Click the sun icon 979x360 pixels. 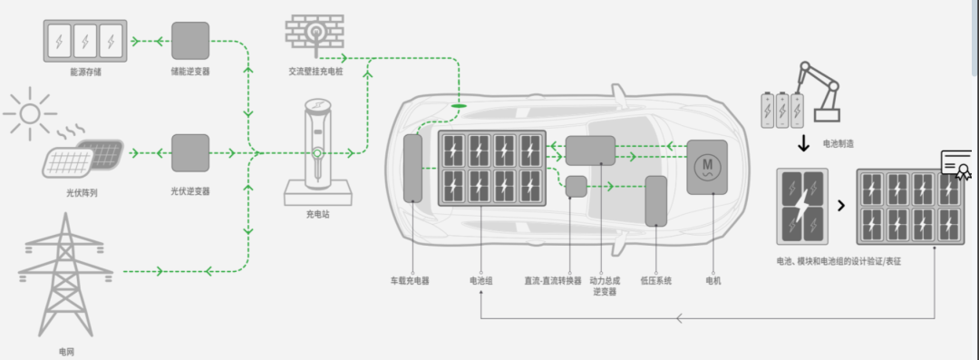coord(30,112)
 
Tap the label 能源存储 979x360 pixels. coord(84,71)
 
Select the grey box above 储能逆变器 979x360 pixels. coord(190,41)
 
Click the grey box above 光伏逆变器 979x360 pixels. coord(190,153)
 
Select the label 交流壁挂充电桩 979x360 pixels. coord(315,71)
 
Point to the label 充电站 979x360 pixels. coord(317,216)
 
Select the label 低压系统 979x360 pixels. coord(656,281)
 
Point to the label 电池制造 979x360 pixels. coord(837,143)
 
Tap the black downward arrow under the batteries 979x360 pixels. coord(803,146)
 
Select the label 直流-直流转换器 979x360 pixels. coord(553,281)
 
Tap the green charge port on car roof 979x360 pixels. coord(460,107)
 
